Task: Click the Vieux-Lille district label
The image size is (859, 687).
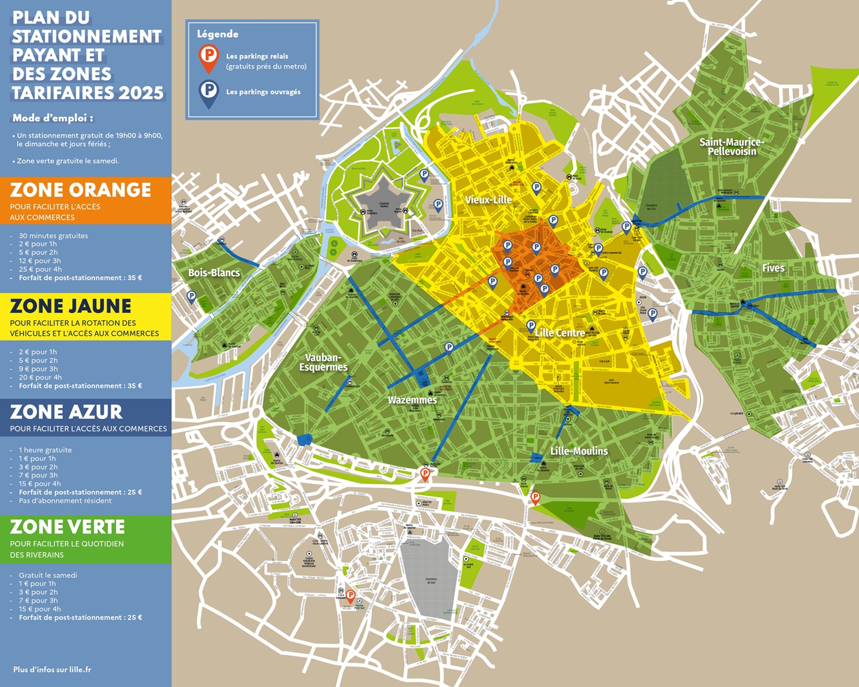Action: click(488, 200)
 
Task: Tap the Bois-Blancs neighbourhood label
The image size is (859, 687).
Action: click(214, 273)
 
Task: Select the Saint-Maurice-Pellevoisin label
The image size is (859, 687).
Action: click(731, 147)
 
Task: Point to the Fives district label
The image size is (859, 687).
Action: click(773, 268)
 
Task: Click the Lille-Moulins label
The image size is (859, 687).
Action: click(579, 452)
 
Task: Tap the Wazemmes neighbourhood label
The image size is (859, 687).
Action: click(412, 400)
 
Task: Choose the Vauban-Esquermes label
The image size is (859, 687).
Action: click(323, 362)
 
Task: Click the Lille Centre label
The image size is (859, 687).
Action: click(559, 333)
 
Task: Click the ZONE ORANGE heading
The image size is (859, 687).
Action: click(80, 190)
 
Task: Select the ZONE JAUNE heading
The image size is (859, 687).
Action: click(70, 306)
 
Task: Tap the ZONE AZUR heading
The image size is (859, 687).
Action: click(66, 412)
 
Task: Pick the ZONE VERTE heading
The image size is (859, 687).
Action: click(67, 527)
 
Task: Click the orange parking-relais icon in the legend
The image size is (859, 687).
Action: click(209, 57)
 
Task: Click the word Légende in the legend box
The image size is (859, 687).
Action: click(218, 34)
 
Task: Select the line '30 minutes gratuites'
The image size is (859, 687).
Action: click(53, 235)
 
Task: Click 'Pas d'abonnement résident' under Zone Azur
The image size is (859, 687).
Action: click(65, 501)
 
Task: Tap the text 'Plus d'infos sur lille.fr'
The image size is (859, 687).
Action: click(52, 669)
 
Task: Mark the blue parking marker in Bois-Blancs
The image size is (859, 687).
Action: click(191, 296)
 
